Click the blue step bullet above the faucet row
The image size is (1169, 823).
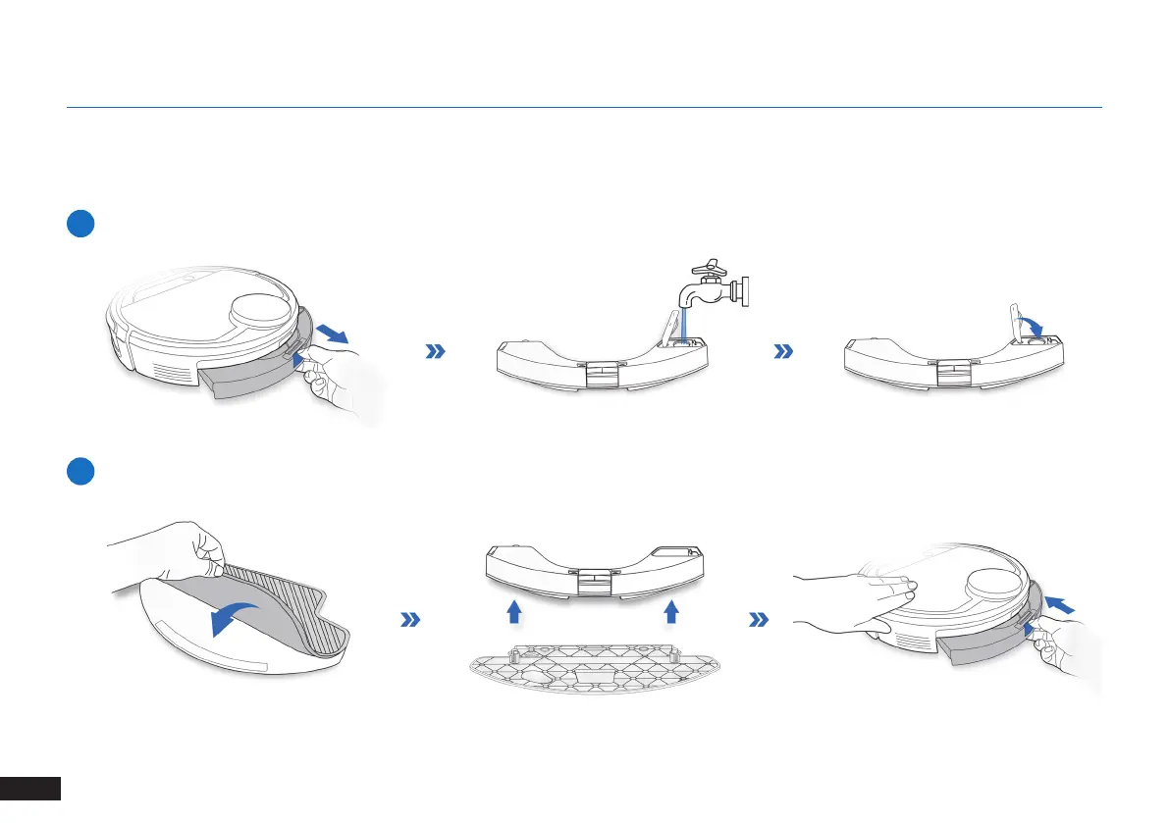tap(80, 224)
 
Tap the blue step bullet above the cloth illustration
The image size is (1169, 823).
tap(80, 471)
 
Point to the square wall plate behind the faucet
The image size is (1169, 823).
tap(745, 292)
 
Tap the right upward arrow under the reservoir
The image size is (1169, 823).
tap(671, 614)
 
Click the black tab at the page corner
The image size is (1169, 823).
tap(30, 799)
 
